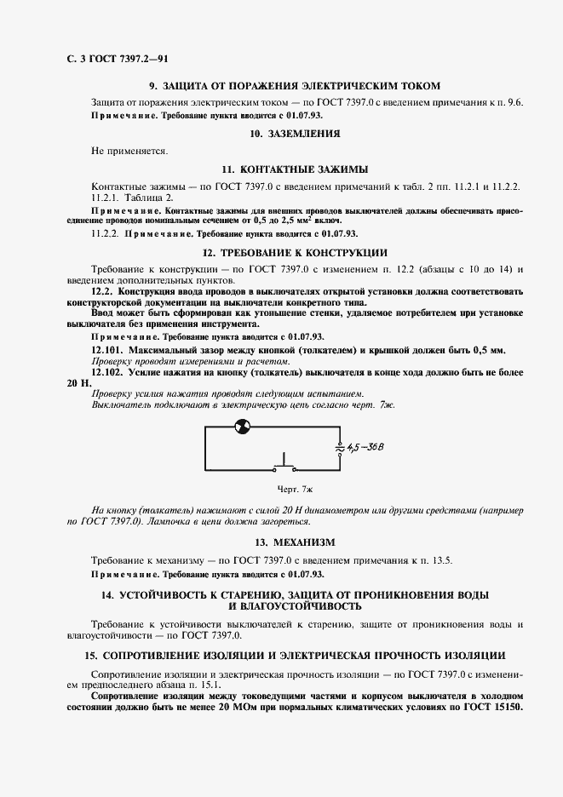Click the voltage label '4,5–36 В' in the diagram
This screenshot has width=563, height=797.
(367, 448)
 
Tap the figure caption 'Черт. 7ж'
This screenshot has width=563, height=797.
(295, 490)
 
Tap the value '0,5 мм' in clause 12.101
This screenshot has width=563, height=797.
(486, 351)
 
